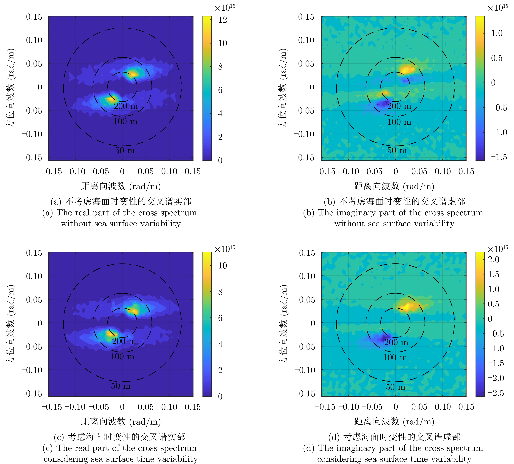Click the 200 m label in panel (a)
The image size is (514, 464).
pyautogui.click(x=126, y=106)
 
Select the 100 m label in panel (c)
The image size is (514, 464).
pyautogui.click(x=122, y=356)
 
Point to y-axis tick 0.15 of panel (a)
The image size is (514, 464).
pyautogui.click(x=34, y=17)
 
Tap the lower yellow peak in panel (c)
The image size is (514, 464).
pyautogui.click(x=110, y=333)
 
